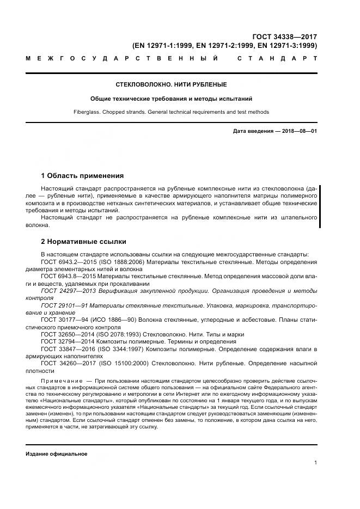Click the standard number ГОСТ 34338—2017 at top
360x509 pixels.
(288, 36)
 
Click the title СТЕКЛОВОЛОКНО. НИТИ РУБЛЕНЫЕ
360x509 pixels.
(171, 85)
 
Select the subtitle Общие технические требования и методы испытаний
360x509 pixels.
(171, 99)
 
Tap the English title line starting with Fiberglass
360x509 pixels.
(171, 112)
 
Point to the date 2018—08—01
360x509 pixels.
(298, 132)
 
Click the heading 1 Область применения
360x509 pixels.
(82, 176)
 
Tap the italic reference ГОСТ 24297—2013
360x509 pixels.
(66, 291)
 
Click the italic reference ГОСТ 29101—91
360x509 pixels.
(63, 305)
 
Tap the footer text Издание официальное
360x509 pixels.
(56, 453)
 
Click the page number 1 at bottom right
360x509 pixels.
(315, 463)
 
